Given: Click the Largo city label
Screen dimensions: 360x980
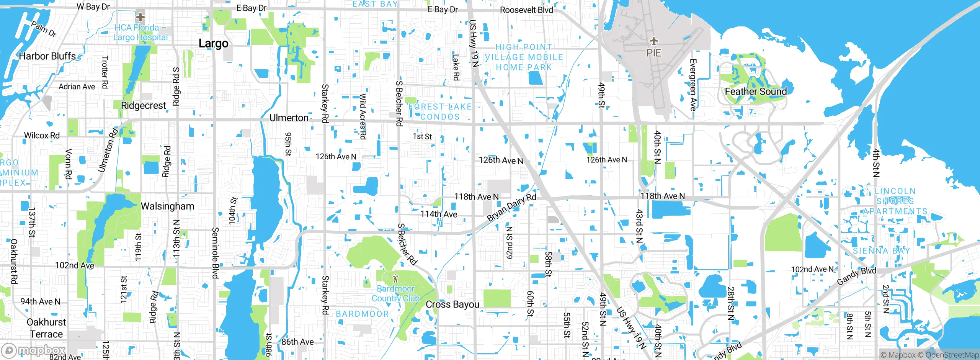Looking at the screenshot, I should click(x=213, y=44).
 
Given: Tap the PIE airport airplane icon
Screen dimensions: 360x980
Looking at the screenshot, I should click(x=654, y=41).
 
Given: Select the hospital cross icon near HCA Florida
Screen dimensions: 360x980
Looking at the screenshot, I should click(x=140, y=17).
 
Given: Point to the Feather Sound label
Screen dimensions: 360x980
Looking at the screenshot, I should click(x=756, y=92).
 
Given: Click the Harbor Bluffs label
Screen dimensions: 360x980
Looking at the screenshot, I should click(x=47, y=56).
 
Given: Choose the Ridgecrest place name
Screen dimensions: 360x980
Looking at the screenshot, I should click(x=144, y=106).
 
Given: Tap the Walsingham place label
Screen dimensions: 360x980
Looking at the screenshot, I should click(x=167, y=206).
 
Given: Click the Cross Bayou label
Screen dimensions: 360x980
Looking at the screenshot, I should click(x=452, y=304).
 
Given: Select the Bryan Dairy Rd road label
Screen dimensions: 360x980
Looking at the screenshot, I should click(x=511, y=207).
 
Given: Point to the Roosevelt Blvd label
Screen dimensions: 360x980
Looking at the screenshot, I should click(x=526, y=10).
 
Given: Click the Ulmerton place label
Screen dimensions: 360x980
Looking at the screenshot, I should click(x=289, y=118).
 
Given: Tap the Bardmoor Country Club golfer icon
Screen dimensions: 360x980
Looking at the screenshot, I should click(x=396, y=278).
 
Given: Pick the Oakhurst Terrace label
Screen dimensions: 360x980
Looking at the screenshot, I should click(x=46, y=328).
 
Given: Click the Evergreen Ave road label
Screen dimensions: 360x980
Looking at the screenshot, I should click(x=693, y=85).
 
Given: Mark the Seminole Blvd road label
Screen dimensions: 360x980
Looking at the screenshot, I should click(x=216, y=253).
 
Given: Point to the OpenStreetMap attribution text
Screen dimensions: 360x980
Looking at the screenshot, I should click(x=952, y=355).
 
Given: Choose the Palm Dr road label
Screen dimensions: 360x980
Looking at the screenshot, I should click(x=44, y=29).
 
